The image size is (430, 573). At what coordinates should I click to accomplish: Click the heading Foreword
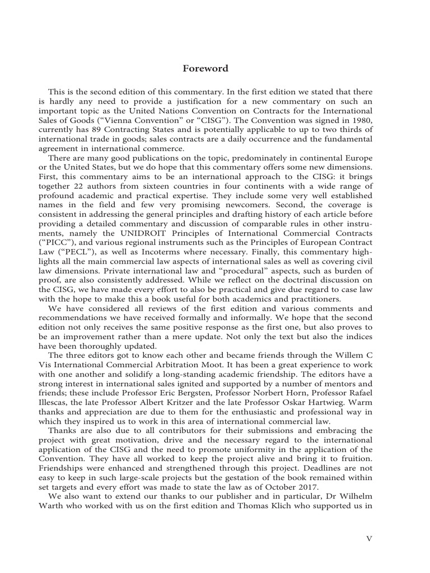click(205, 69)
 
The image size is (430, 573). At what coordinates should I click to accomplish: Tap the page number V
click(369, 538)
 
